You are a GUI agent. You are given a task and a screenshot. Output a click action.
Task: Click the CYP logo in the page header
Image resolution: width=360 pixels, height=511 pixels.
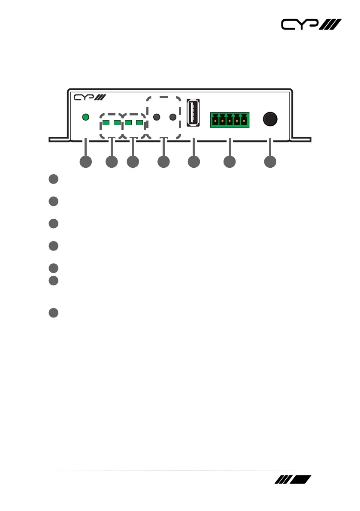tap(311, 25)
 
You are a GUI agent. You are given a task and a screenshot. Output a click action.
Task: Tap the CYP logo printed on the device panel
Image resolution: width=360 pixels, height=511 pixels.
tap(87, 98)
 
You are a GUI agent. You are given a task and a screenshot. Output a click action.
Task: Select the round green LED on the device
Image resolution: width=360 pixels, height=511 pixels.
tap(85, 117)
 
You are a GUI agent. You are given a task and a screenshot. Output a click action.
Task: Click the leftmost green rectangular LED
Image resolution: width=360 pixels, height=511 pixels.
tap(105, 123)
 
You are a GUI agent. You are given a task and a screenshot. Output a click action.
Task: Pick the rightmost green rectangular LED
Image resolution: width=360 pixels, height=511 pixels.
tap(139, 123)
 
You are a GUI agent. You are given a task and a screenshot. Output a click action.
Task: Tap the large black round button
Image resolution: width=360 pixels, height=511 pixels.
tap(269, 119)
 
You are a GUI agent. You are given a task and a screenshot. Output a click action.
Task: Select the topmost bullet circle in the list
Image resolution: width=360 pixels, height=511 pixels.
tap(53, 179)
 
